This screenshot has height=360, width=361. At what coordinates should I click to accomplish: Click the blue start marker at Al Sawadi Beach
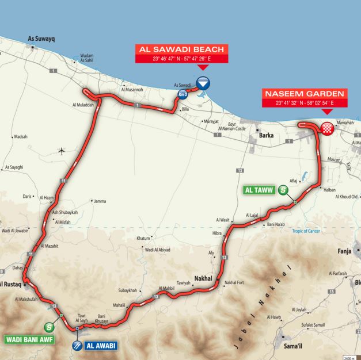click(202, 83)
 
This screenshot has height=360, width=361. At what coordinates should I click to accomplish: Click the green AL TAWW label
click(258, 189)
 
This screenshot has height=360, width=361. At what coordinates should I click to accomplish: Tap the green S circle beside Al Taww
click(283, 190)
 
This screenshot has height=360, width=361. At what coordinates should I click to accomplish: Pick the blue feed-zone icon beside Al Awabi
click(77, 346)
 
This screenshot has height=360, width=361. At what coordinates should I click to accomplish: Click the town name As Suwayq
click(40, 40)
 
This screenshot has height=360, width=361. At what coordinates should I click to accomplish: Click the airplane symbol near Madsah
click(62, 151)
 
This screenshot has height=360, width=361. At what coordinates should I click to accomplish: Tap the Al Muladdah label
click(83, 105)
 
